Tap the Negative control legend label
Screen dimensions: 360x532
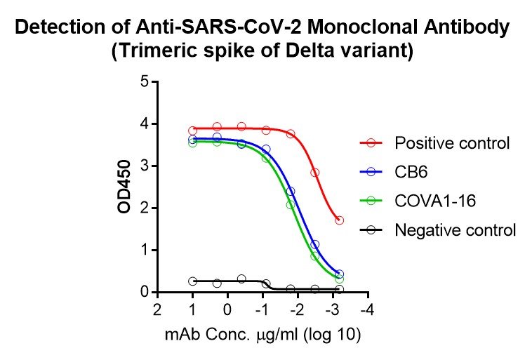point(455,229)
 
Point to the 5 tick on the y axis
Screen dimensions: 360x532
point(145,82)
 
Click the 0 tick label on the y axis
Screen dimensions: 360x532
point(145,292)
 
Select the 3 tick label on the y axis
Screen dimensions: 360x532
point(145,166)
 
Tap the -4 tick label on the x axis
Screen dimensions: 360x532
point(366,310)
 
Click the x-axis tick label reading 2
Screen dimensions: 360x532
point(157,310)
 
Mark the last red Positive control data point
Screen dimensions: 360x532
point(339,220)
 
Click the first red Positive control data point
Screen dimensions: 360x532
point(192,131)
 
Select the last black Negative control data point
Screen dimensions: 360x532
point(339,289)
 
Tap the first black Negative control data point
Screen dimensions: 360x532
point(192,281)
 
